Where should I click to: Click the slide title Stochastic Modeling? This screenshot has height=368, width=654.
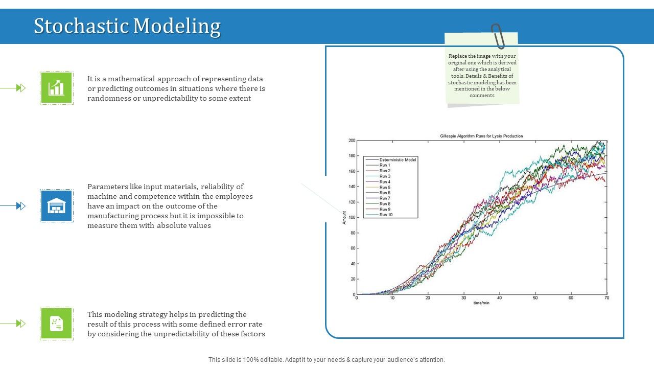pos(127,26)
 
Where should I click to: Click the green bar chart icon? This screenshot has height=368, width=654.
pos(57,88)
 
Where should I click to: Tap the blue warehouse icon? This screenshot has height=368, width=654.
pos(57,206)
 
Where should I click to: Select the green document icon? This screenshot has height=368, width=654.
pos(57,324)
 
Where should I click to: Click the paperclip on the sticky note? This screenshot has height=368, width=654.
pos(498,36)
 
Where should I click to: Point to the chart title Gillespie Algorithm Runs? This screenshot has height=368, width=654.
pos(481,136)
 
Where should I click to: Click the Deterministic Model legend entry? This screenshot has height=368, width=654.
pos(398,159)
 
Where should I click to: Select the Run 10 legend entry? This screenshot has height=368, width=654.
pos(386,215)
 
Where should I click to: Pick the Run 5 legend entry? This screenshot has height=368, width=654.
pos(385,187)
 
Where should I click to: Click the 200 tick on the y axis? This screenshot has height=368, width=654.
pos(352,141)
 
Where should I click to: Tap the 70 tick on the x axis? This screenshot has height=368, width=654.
pos(606,298)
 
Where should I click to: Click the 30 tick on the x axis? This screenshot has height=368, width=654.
pos(463,298)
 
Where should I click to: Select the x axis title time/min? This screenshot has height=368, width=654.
pos(481,303)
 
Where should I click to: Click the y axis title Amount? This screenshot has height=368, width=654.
pos(344,218)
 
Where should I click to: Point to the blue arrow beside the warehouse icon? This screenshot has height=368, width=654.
pos(20,206)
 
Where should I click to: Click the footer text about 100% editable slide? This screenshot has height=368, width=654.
pos(326,360)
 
